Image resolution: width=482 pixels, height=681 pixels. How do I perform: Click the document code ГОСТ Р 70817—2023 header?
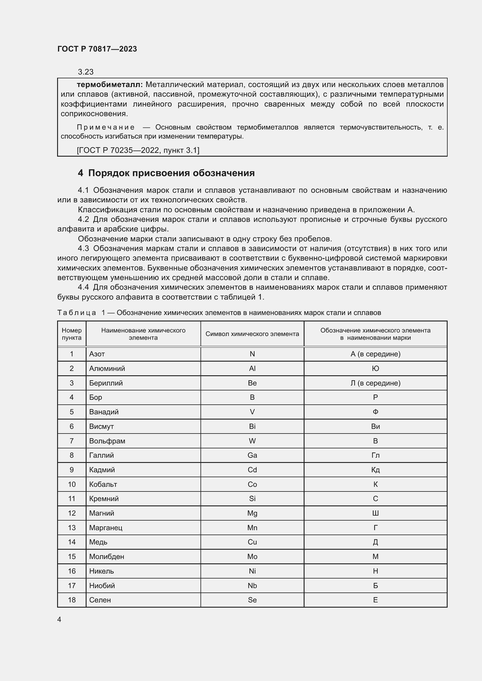[97, 49]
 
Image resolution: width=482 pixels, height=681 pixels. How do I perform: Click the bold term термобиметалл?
[110, 85]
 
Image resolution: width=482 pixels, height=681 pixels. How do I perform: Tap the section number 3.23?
[85, 72]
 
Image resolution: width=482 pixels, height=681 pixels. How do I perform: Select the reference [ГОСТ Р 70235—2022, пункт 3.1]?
[138, 150]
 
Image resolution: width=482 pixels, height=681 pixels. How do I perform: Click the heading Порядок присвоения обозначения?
[171, 173]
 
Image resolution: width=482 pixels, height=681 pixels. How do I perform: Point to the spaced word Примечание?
[105, 128]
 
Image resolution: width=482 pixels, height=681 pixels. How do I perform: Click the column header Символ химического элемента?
[252, 334]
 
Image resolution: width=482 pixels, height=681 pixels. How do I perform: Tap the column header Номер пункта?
[71, 334]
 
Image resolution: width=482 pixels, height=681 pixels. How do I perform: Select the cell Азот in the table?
[97, 354]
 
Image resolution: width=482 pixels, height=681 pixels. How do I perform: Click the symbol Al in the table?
[252, 368]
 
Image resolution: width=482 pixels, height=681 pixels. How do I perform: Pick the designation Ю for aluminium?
[375, 368]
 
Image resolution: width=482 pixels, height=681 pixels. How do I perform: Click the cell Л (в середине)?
[375, 383]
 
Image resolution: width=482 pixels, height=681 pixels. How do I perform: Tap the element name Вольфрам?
[107, 441]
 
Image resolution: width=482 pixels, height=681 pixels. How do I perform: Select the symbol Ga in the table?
[252, 455]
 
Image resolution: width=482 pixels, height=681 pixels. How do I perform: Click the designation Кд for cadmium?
[375, 470]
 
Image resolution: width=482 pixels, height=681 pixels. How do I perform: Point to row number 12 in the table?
[71, 513]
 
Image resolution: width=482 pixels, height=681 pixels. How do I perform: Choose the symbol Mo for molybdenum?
[252, 557]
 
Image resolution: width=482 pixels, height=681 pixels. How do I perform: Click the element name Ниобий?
[102, 586]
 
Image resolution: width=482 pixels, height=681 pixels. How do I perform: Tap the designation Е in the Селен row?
[375, 600]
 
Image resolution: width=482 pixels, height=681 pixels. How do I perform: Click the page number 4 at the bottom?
[59, 619]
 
